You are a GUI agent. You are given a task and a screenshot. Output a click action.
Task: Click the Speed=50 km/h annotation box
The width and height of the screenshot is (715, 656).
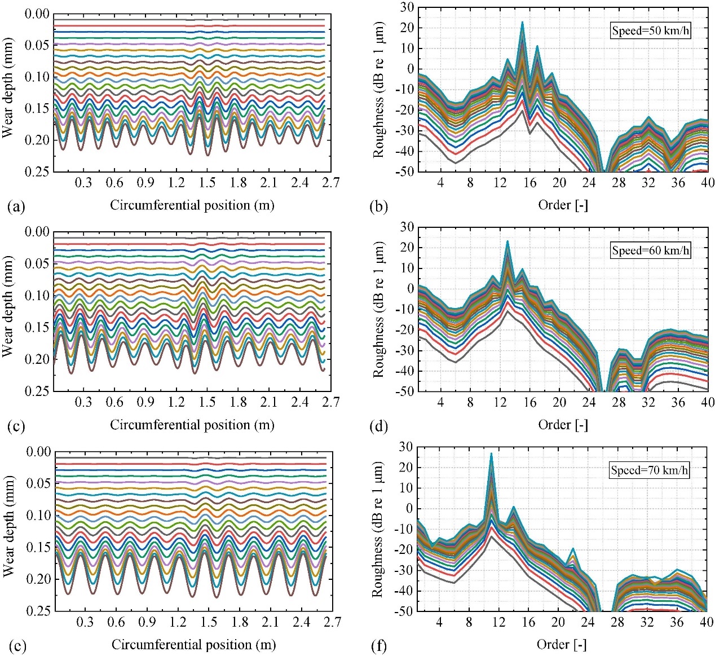[x=651, y=30]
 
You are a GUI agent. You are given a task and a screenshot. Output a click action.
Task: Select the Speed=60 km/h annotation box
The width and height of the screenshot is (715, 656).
[x=651, y=250]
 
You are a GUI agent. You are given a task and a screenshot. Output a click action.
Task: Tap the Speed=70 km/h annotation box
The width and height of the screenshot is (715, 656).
[x=650, y=470]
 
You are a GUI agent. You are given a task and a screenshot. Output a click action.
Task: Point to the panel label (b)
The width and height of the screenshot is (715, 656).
[x=378, y=206]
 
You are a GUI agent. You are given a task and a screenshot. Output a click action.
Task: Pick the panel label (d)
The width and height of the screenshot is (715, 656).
[x=378, y=426]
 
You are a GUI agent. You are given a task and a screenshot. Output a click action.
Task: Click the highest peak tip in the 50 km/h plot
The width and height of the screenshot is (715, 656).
[x=522, y=23]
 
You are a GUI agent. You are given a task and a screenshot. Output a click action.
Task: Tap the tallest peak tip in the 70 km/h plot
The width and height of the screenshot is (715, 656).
[x=491, y=454]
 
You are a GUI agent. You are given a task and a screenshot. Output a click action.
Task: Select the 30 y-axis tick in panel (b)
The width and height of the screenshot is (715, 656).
[x=407, y=7]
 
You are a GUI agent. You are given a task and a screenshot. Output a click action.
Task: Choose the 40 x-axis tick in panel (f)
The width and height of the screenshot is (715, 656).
[x=707, y=622]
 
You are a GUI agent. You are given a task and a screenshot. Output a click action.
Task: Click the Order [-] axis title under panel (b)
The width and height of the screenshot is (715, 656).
[x=563, y=205]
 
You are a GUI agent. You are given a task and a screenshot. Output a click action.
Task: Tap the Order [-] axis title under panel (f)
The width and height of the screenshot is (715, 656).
[x=562, y=644]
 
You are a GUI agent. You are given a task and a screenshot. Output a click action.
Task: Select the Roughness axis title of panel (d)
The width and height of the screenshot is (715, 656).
[x=378, y=309]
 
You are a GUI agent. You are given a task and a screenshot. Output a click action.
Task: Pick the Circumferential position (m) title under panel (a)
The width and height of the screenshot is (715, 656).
[x=192, y=205]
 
